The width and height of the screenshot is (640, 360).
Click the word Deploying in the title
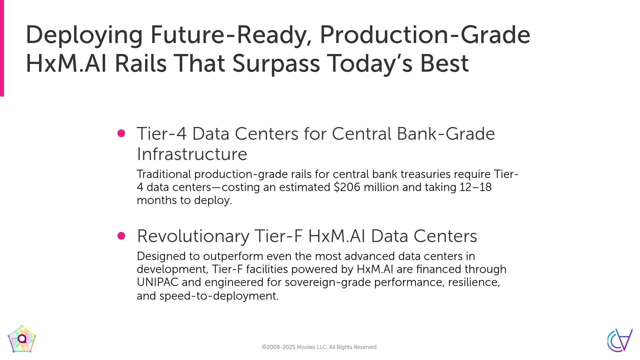tap(84, 35)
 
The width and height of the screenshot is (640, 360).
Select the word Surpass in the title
tap(276, 64)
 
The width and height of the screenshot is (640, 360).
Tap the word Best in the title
tap(444, 63)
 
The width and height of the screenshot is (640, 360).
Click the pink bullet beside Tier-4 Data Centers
tap(121, 133)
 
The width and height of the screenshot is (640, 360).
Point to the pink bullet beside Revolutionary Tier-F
tap(121, 236)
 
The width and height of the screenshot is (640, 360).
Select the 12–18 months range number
tap(476, 187)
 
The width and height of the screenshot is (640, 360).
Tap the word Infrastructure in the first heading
tap(192, 154)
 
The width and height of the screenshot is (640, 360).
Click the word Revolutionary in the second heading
tap(193, 236)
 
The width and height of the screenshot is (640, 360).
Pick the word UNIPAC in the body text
tap(158, 282)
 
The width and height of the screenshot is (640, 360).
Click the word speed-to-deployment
tap(219, 296)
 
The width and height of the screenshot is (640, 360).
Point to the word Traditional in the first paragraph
tap(164, 174)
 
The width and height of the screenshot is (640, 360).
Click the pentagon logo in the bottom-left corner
tap(22, 339)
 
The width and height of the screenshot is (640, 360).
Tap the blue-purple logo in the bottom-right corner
tap(620, 340)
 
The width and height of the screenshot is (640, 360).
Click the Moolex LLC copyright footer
tap(320, 347)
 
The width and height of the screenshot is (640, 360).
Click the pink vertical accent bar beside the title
tap(2, 48)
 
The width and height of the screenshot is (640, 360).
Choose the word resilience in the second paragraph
tap(474, 282)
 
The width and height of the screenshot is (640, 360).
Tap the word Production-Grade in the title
tap(425, 35)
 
